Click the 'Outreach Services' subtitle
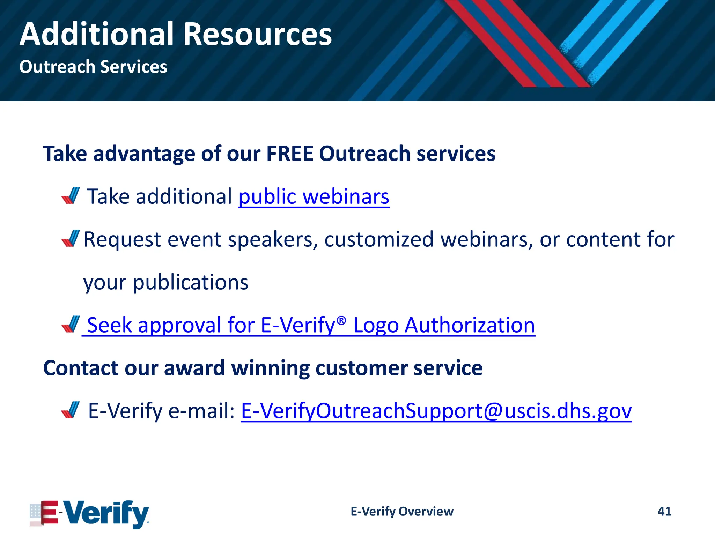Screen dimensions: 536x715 93,67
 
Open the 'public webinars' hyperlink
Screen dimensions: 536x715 314,196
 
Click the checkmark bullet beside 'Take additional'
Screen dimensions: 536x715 71,195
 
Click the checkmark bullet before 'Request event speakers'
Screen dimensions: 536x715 71,238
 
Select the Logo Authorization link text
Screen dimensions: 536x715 444,325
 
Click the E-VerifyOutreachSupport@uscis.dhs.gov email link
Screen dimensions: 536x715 436,411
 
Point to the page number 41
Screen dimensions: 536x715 664,511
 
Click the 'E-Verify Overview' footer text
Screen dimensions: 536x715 402,511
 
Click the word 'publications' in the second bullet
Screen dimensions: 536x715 190,282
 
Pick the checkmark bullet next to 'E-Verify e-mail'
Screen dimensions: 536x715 71,410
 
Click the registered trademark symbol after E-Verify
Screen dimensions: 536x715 342,320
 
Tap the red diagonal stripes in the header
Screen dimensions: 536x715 517,42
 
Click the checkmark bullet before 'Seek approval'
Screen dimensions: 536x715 71,324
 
